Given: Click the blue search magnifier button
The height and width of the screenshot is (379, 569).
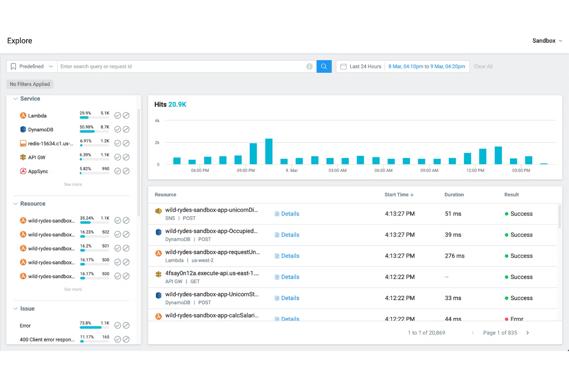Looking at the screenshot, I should [x=324, y=66].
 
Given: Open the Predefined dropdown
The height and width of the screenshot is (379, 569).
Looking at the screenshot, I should [x=32, y=66].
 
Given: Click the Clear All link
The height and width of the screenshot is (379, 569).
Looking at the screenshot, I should [x=483, y=66].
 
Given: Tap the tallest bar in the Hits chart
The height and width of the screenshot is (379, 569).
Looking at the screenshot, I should [x=269, y=151].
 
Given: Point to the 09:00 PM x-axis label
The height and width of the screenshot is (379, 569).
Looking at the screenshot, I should [x=246, y=170].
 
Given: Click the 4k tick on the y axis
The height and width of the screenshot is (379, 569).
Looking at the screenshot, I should [x=157, y=121].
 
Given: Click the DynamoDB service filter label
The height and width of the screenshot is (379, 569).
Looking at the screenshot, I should [x=40, y=130].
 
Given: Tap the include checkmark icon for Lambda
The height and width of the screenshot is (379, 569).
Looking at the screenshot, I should [x=118, y=116].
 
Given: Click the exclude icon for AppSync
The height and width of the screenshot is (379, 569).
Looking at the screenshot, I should [x=126, y=171].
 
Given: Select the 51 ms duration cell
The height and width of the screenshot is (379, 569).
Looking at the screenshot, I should [x=453, y=214].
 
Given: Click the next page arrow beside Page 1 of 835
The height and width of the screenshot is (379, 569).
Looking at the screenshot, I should [x=527, y=333].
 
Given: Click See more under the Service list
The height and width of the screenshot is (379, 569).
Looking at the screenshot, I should [x=73, y=185].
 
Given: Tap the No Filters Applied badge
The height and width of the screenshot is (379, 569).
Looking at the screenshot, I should [x=30, y=84].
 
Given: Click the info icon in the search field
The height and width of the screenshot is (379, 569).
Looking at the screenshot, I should [x=309, y=66].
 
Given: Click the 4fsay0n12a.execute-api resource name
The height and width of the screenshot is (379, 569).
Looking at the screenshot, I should [x=212, y=273].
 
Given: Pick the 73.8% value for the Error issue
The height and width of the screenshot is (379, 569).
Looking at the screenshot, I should [x=85, y=323].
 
